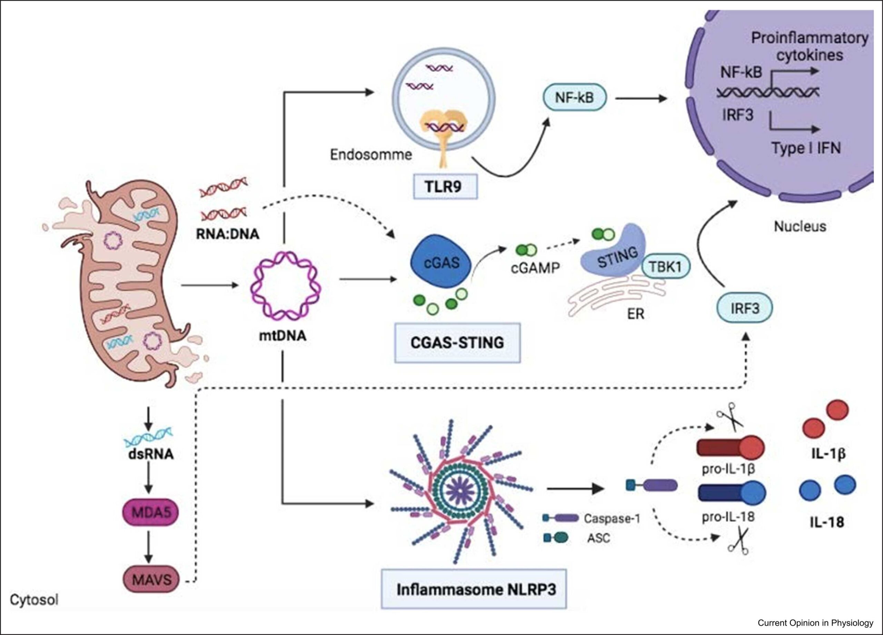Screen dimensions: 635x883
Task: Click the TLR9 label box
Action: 445,187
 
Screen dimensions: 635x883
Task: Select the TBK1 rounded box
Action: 665,267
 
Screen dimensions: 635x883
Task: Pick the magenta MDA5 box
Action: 151,512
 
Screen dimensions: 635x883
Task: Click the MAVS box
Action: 152,580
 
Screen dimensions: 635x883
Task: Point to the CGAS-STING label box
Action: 457,342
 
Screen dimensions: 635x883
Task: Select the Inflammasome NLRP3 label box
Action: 474,589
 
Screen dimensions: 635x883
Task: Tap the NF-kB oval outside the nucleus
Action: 574,98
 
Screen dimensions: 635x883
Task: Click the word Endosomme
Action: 371,155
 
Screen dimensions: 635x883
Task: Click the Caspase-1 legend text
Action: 612,518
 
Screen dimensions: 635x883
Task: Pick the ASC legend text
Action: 598,539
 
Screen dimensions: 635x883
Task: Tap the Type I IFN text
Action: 806,148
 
